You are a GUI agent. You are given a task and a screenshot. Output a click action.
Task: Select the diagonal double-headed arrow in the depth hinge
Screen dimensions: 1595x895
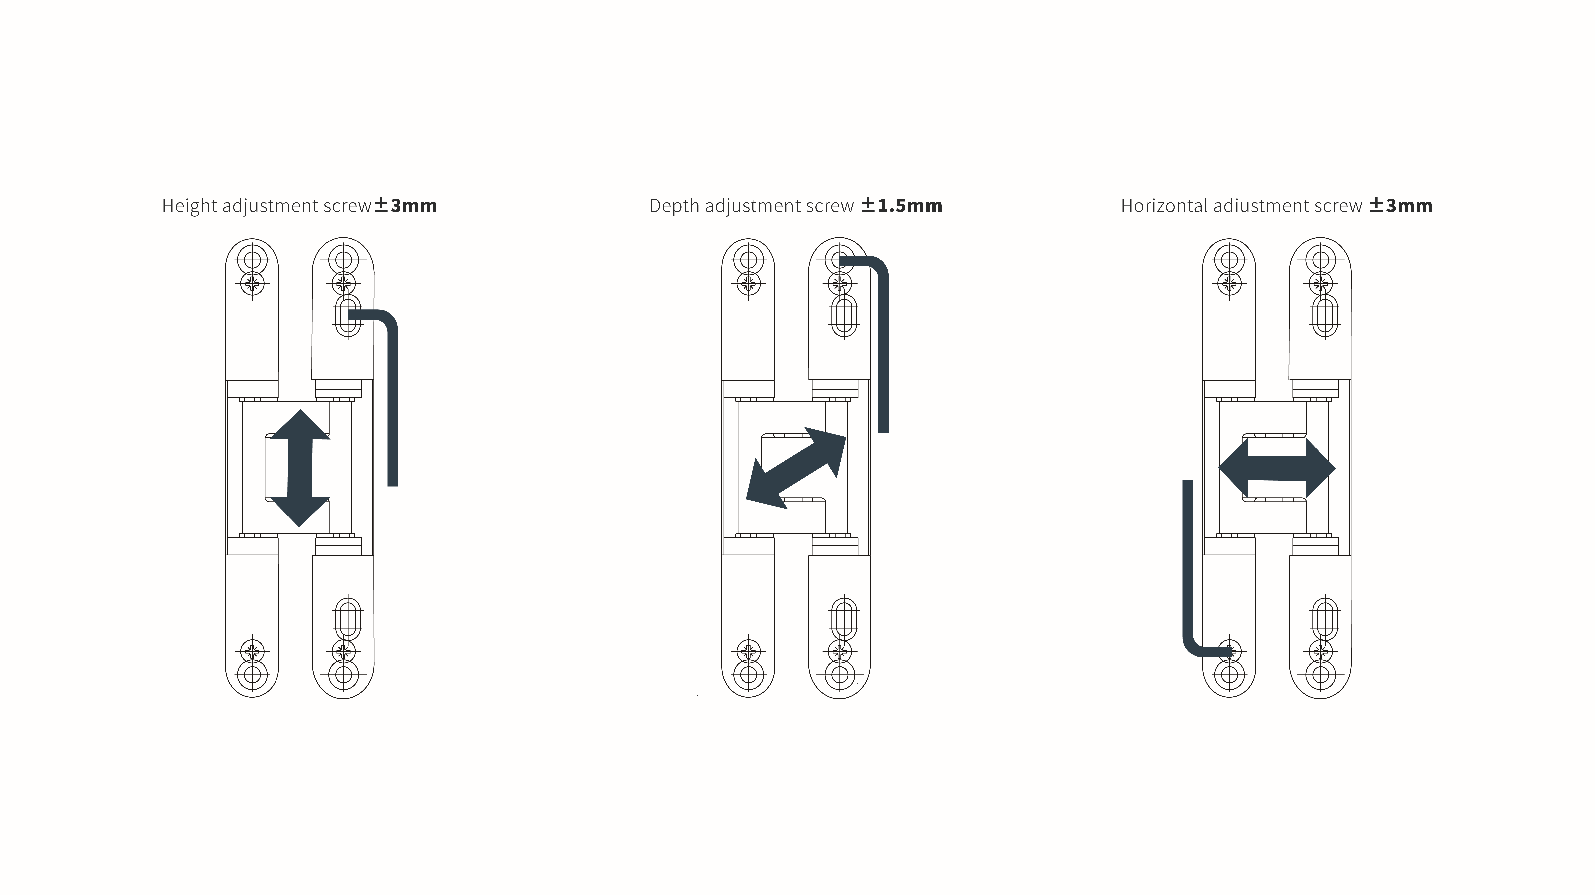(x=796, y=468)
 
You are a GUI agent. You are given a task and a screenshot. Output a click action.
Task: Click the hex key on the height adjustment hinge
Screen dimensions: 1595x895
(x=392, y=396)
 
